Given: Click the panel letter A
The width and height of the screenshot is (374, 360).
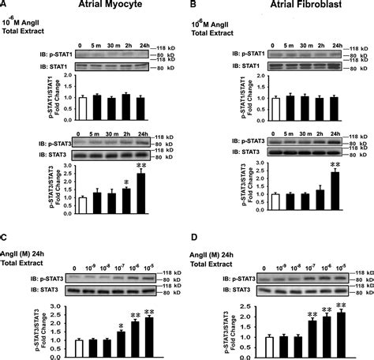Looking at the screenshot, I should tap(5, 6).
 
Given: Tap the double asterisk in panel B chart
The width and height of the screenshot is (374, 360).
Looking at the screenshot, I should tap(334, 165).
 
